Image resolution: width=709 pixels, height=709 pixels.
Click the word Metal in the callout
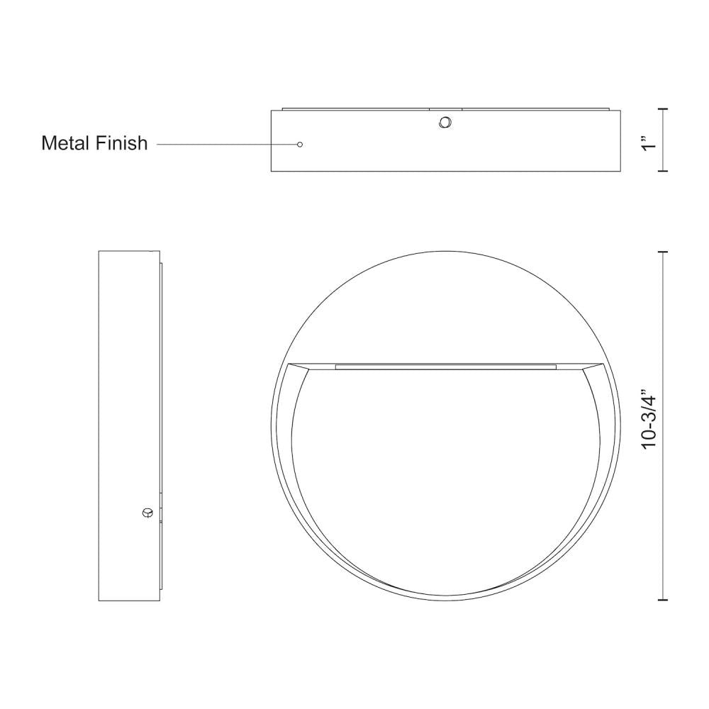[66, 143]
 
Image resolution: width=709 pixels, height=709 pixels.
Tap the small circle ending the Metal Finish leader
[300, 144]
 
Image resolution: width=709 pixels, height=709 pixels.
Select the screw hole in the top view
[445, 123]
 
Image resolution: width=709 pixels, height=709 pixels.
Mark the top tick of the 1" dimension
[663, 109]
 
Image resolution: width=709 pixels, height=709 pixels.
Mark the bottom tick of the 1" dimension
[663, 171]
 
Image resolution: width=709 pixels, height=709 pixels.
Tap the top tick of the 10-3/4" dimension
[663, 252]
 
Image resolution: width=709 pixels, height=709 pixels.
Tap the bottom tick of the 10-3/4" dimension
[663, 600]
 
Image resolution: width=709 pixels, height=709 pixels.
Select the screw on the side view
[147, 512]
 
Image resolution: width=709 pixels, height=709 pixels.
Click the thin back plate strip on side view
[162, 425]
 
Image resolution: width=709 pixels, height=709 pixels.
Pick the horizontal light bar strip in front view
[445, 367]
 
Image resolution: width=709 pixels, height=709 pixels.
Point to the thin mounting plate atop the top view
[445, 108]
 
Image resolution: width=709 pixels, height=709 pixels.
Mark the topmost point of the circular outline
[445, 251]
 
